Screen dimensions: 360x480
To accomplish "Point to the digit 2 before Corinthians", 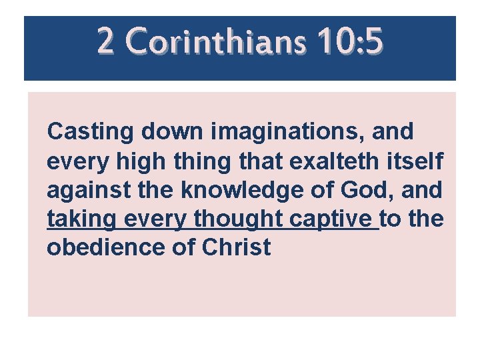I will tap(105, 41).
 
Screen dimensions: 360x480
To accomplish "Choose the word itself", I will tap(417, 161).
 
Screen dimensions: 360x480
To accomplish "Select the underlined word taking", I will tap(80, 219).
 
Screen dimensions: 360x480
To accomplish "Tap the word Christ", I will tap(237, 247).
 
